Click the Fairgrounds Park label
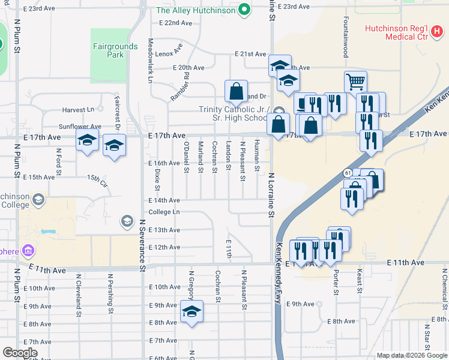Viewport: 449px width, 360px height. point(109,50)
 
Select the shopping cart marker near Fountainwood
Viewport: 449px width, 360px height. point(355,81)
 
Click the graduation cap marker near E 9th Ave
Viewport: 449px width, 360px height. point(191,311)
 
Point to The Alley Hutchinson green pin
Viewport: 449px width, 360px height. point(244,10)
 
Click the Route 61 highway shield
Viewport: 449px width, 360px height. point(348,173)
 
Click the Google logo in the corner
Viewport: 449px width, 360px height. point(20,353)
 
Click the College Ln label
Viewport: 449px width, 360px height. point(164,212)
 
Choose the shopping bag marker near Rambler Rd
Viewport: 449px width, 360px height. point(237,91)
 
